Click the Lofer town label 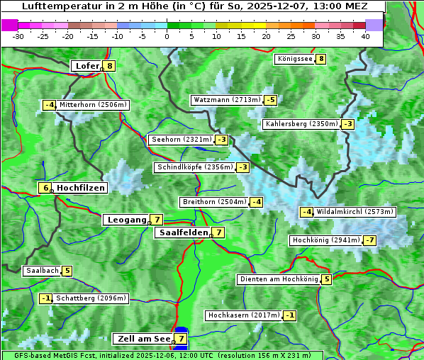pos(87,66)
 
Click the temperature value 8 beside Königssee pos(321,59)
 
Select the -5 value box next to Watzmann pos(270,100)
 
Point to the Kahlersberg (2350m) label pos(301,124)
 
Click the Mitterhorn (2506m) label pos(93,105)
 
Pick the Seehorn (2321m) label pos(182,140)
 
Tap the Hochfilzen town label pos(81,188)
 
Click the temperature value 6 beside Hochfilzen pos(45,188)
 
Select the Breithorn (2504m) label pos(213,202)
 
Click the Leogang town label pos(126,220)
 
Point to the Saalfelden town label pos(184,232)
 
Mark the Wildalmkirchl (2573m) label pos(355,212)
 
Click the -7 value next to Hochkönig pos(370,240)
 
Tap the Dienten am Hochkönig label pos(278,279)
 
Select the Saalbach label pos(42,271)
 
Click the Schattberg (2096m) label pos(91,298)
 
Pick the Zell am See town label pos(143,339)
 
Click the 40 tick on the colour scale pos(365,35)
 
